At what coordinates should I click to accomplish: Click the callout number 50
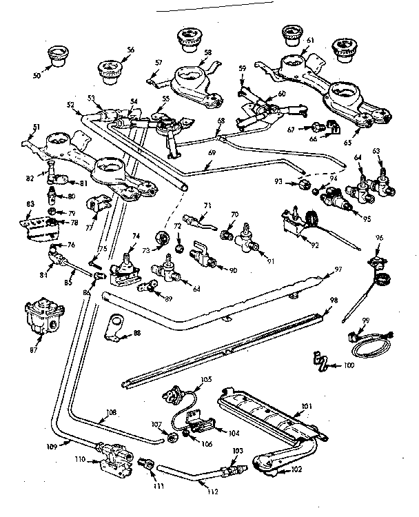pyautogui.click(x=37, y=74)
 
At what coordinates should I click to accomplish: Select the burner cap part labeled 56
pyautogui.click(x=108, y=69)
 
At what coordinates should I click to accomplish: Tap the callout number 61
pyautogui.click(x=309, y=41)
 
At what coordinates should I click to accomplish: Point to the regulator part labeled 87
pyautogui.click(x=40, y=318)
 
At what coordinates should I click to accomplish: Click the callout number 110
pyautogui.click(x=80, y=458)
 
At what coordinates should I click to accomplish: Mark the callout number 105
pyautogui.click(x=205, y=380)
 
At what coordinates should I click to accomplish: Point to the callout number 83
pyautogui.click(x=30, y=205)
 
